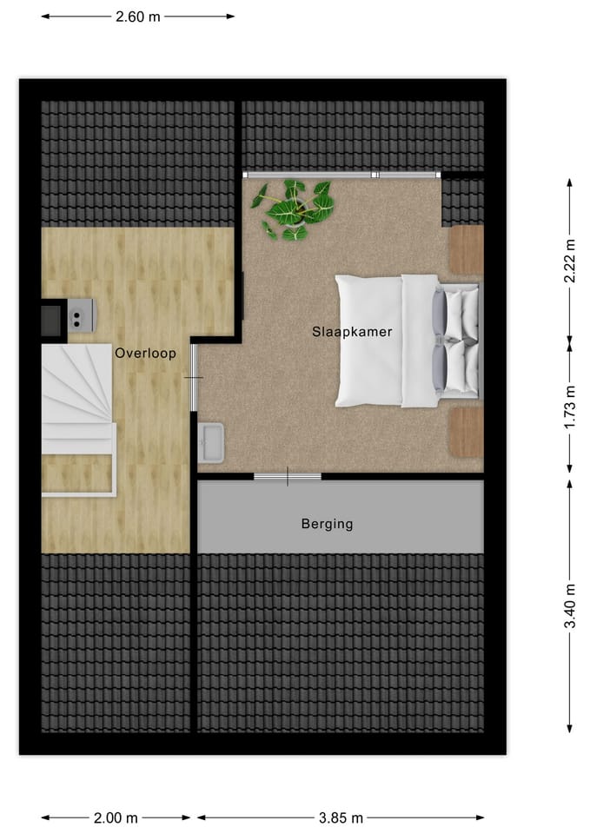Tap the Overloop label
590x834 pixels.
145,354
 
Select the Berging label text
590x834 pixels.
327,524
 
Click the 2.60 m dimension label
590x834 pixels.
137,16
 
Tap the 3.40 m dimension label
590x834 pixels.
570,606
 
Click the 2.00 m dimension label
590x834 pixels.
116,817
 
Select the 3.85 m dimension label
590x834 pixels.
340,817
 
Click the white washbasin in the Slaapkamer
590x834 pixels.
211,443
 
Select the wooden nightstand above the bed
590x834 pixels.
466,249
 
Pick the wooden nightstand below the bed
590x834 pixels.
467,432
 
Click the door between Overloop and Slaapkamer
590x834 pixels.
194,378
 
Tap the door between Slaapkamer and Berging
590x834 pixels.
288,476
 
